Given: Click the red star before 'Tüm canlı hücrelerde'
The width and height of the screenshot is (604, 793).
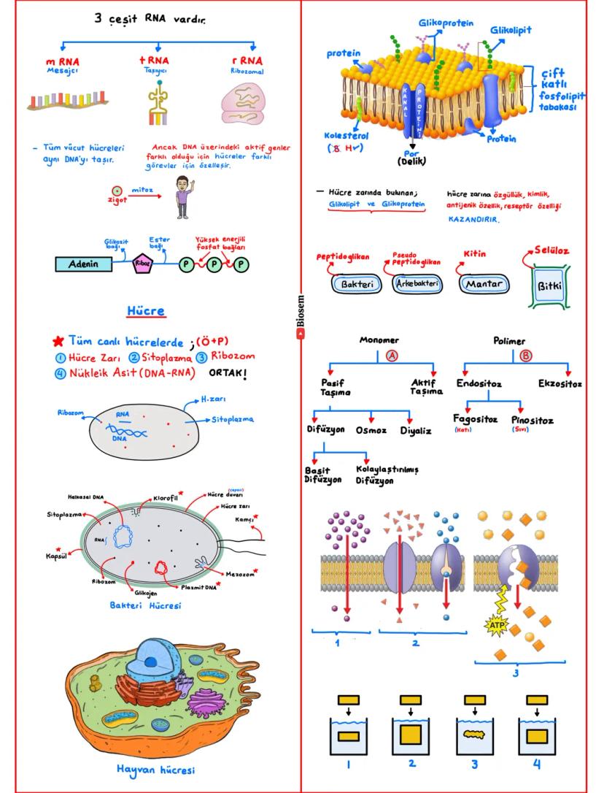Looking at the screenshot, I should (58, 342).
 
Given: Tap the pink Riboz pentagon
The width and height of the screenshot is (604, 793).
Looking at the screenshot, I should (142, 264).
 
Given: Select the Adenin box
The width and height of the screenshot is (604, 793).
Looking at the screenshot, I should (83, 264).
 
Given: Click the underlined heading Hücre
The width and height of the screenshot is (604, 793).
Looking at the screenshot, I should (146, 311).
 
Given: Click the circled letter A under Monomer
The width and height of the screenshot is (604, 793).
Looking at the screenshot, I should (390, 356).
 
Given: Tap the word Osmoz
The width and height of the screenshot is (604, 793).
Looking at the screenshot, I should (371, 431).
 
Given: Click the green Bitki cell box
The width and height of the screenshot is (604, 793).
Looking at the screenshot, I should (549, 285).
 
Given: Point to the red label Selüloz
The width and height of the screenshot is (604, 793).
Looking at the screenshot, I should (552, 250).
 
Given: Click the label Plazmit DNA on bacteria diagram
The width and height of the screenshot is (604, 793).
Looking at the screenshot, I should (200, 586).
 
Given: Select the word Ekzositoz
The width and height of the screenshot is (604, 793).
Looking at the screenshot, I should (560, 383).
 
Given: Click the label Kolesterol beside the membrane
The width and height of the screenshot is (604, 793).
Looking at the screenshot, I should (347, 136).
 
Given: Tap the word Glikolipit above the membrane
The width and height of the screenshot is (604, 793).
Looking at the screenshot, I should (511, 30).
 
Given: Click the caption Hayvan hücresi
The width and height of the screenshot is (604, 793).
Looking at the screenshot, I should (155, 769).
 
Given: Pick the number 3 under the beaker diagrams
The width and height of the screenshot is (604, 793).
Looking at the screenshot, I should (474, 765).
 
